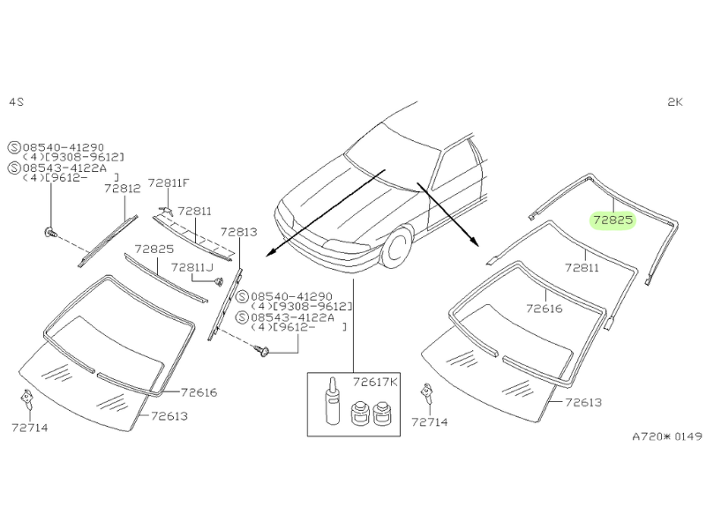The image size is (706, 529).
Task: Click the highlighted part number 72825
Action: [612, 220]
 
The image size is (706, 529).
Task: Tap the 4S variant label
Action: [16, 101]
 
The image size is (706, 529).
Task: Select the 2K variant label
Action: [675, 101]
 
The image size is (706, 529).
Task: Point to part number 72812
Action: [122, 188]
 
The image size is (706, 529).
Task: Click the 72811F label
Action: [169, 183]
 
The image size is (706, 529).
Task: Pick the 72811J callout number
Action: [192, 266]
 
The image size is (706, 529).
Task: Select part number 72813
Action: [238, 232]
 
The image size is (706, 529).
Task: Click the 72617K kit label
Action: [374, 382]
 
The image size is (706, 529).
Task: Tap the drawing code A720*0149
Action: [666, 435]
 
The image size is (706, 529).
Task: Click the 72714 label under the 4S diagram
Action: [31, 427]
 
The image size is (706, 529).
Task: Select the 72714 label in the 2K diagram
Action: [430, 421]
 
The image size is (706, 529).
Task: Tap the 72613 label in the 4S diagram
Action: [169, 416]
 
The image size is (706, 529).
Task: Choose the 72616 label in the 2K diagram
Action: [544, 309]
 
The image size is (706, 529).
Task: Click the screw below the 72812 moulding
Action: [50, 234]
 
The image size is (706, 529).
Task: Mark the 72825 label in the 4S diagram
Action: [153, 250]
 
